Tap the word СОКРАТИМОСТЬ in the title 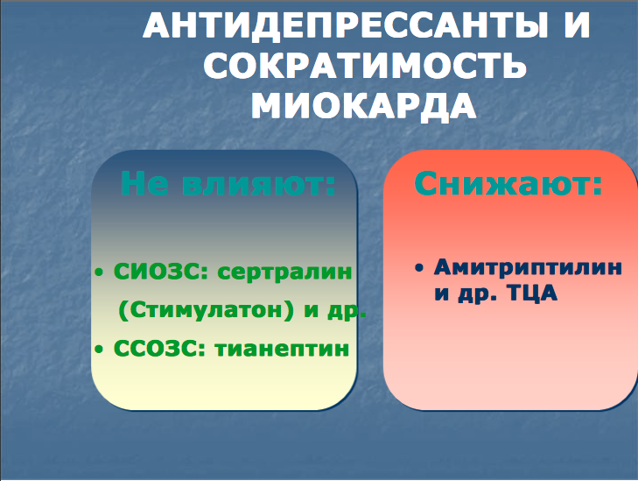(365, 66)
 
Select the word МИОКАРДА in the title (363, 105)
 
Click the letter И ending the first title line (576, 25)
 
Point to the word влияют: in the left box (259, 184)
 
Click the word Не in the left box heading (144, 183)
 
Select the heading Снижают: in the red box (508, 183)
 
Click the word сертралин (284, 272)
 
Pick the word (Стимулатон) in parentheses (206, 311)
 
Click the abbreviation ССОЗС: (159, 349)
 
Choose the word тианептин (282, 349)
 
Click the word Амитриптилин (528, 267)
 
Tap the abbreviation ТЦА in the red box (533, 294)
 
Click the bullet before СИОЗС (99, 272)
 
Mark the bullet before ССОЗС (99, 349)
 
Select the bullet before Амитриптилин (419, 267)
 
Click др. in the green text (347, 312)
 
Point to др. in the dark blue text (478, 294)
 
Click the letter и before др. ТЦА (442, 294)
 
